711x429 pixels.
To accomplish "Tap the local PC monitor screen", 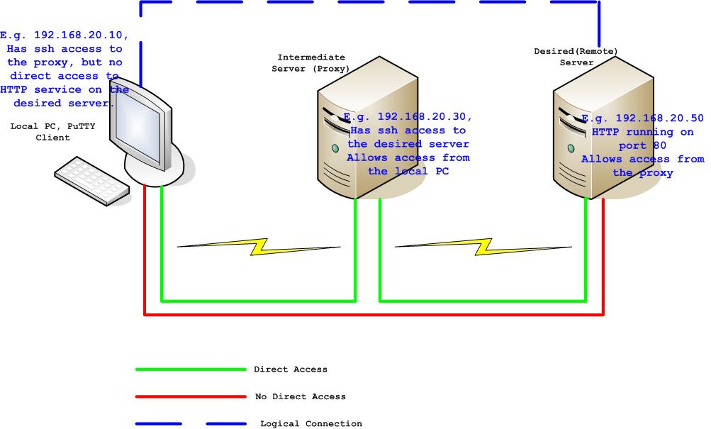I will pyautogui.click(x=138, y=125).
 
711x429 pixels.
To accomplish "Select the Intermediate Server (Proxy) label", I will pyautogui.click(x=311, y=62).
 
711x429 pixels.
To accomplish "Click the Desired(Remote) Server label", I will pyautogui.click(x=576, y=57).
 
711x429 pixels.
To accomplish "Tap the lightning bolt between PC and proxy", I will pyautogui.click(x=259, y=246).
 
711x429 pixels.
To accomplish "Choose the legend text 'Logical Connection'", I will pyautogui.click(x=310, y=423).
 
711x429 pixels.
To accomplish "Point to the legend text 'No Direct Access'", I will pyautogui.click(x=300, y=396).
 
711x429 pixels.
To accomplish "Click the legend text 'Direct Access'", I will pyautogui.click(x=291, y=369).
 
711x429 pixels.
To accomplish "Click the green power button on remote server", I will pyautogui.click(x=571, y=148).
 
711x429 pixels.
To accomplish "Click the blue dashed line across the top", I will pyautogui.click(x=369, y=2).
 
